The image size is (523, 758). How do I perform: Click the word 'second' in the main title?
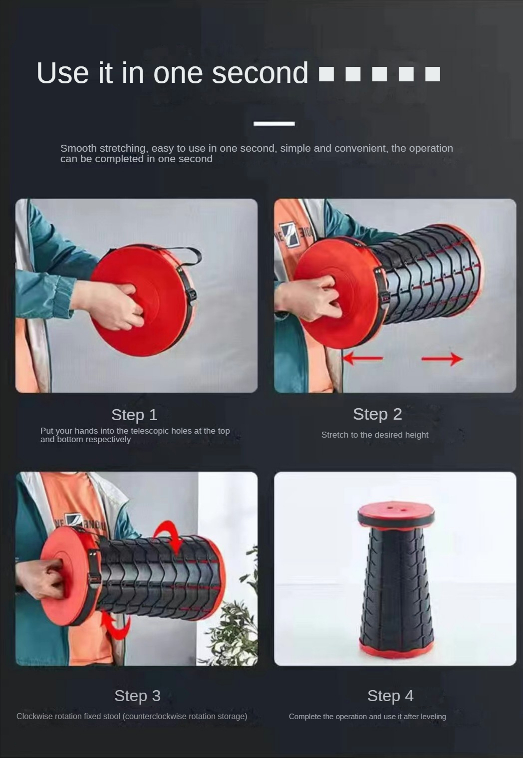point(260,72)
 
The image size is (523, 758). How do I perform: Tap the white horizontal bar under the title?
point(274,124)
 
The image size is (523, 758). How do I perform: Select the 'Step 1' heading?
point(134,415)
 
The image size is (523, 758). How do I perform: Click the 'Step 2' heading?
point(377,414)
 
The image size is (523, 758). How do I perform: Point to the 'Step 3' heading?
point(137,696)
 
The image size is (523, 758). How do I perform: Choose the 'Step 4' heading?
point(390,696)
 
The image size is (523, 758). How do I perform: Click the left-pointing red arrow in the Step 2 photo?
point(362,358)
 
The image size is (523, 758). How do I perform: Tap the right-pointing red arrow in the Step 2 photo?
point(442,359)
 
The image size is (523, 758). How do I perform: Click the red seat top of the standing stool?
point(396,509)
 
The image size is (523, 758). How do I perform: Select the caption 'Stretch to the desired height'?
point(375,435)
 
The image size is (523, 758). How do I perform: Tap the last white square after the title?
point(433,74)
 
